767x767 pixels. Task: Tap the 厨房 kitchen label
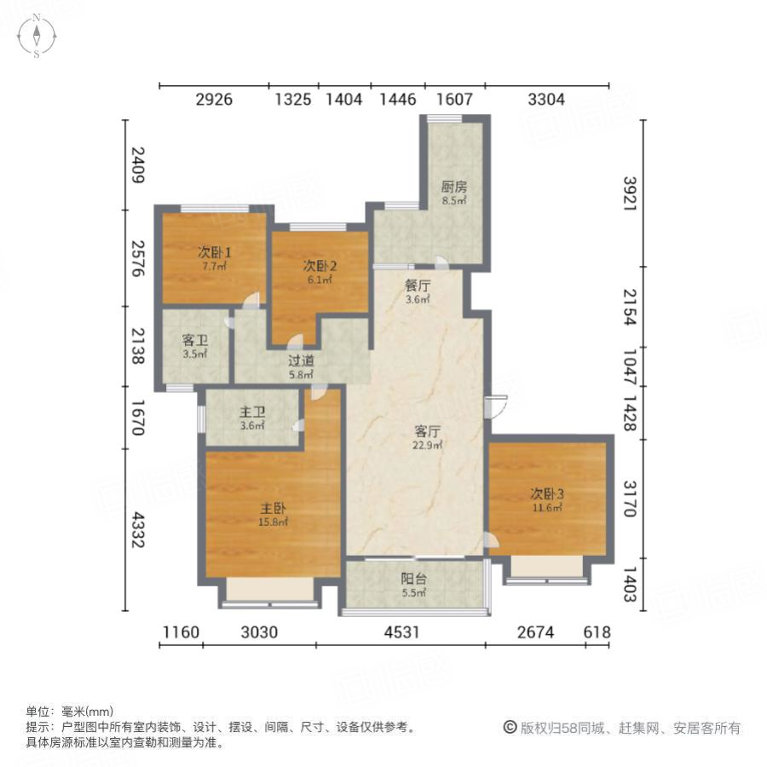(x=453, y=187)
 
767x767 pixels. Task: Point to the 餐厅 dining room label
(x=417, y=285)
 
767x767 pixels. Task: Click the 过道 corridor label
(x=299, y=360)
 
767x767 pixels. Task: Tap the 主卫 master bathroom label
(x=253, y=412)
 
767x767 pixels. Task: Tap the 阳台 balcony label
(x=414, y=577)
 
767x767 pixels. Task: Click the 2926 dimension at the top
(x=214, y=100)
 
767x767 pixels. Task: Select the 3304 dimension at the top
(x=546, y=100)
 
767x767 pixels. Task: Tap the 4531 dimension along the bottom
(x=400, y=632)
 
